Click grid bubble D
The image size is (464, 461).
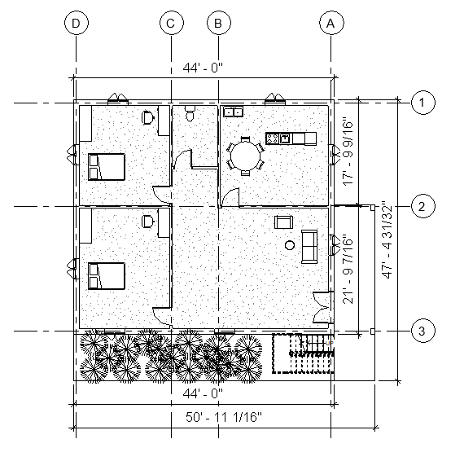pos(77,23)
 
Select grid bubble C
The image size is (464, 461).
pos(171,23)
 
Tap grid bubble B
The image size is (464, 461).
pos(219,23)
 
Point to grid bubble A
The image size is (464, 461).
pos(331,23)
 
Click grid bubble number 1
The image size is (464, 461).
pos(423,103)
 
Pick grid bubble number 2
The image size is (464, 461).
pos(423,206)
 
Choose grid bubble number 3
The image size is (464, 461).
pos(423,331)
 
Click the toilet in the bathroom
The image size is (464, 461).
pos(190,113)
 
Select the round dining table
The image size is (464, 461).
pos(245,156)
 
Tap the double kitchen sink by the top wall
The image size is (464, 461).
pos(233,112)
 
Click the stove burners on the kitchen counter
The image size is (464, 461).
pos(273,138)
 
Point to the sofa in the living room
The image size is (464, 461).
pos(309,247)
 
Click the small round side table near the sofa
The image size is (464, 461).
pos(290,245)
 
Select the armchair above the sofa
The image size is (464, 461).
pos(284,222)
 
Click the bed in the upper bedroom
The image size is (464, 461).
pos(107,167)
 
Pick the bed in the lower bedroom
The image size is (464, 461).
pos(107,276)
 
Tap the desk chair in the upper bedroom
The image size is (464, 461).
pos(147,117)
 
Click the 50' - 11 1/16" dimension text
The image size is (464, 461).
pos(224,417)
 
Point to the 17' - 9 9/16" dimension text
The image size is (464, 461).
pos(348,153)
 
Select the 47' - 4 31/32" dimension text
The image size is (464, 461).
pos(387,239)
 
